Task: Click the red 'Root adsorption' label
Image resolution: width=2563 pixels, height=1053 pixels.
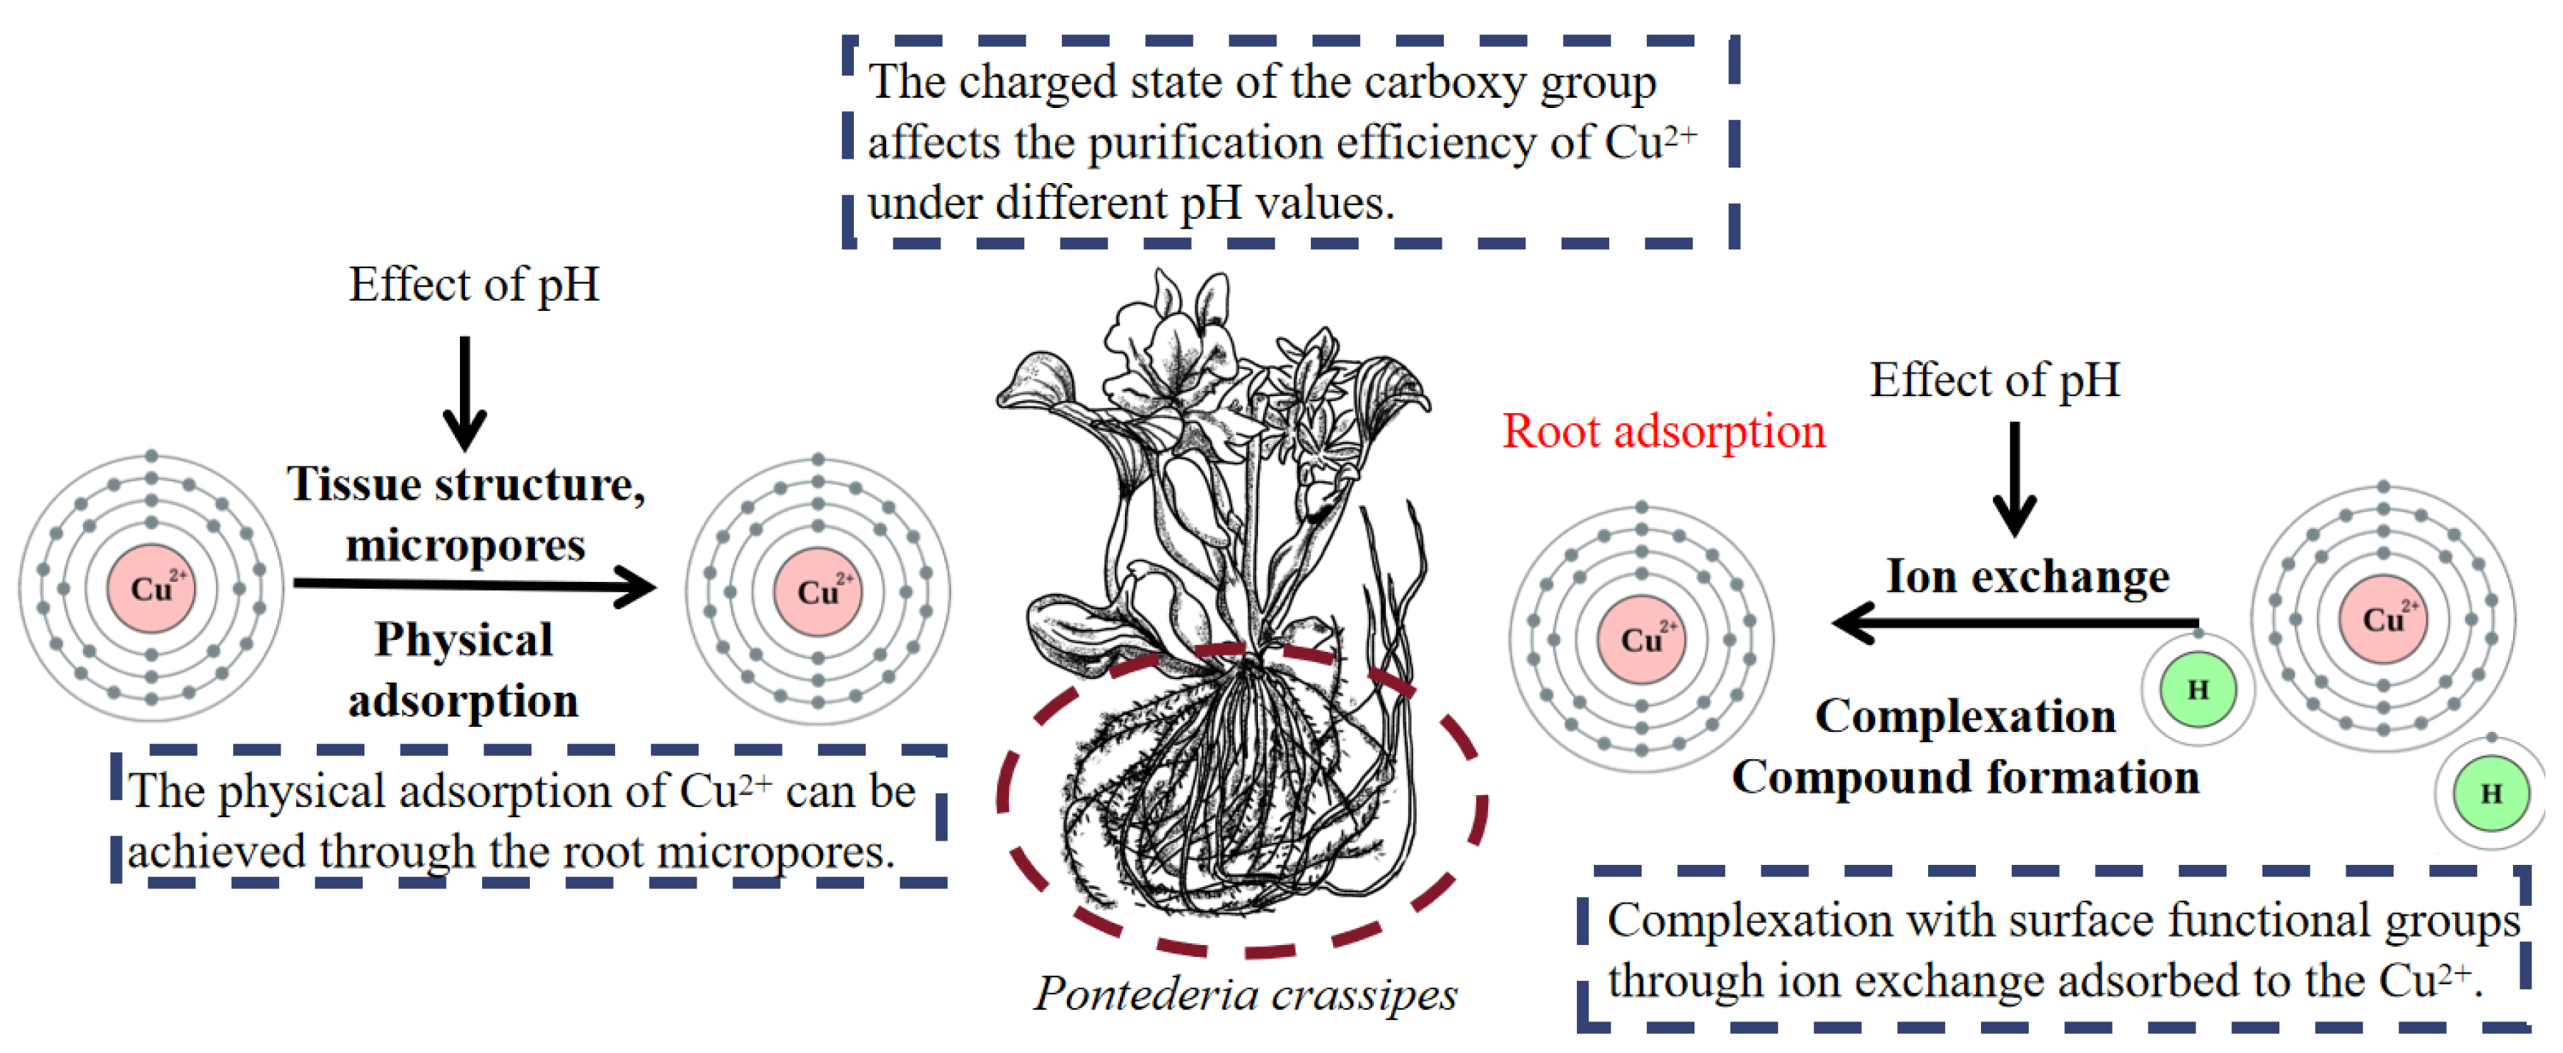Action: coord(1663,431)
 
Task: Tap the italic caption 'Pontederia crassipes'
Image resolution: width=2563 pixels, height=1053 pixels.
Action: coord(1245,993)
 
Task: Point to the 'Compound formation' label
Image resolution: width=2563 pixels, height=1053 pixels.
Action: coord(1964,776)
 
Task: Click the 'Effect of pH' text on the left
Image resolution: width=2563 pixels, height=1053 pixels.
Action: coord(474,284)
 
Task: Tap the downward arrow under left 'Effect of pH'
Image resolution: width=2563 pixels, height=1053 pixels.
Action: coord(464,393)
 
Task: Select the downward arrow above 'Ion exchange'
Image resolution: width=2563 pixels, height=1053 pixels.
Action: coord(2014,478)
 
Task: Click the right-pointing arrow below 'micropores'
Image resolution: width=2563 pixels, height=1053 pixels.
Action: coord(475,585)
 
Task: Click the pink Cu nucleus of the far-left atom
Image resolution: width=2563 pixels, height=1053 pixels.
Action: coord(151,588)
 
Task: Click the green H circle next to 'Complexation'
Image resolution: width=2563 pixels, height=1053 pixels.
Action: coord(2198,689)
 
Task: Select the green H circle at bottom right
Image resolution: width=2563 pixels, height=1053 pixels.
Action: coord(2490,793)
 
